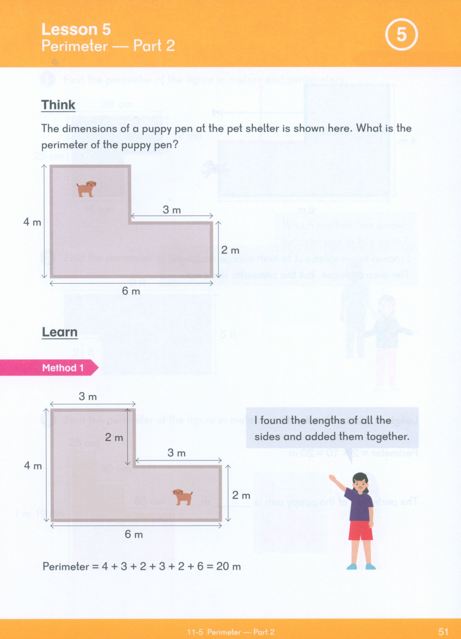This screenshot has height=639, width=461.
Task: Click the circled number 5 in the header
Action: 401,35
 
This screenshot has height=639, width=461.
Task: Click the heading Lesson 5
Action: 76,29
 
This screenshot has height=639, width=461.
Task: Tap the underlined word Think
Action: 58,105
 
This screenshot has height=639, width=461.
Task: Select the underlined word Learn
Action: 59,332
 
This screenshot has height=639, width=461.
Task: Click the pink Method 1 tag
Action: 62,368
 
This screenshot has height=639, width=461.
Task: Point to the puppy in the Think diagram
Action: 86,188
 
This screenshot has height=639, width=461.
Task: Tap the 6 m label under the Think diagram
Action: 131,291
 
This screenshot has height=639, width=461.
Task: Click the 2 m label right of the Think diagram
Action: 230,250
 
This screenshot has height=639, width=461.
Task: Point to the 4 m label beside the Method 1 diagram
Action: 33,465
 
